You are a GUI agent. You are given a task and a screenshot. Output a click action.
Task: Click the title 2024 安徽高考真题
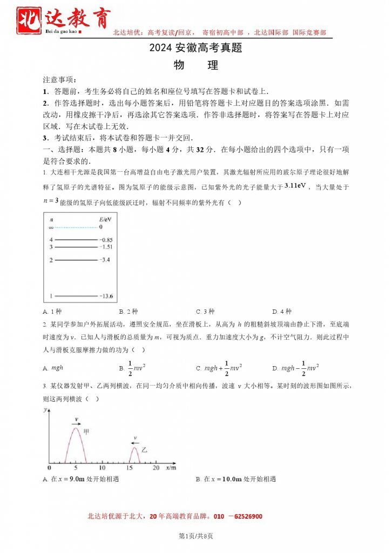[x=195, y=48]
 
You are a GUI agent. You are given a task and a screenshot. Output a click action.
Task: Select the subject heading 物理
[x=196, y=65]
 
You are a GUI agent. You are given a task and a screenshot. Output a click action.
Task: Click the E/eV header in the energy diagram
[x=105, y=220]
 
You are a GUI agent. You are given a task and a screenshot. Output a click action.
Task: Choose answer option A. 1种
[x=52, y=312]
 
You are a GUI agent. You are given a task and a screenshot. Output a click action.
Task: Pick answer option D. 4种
[x=282, y=312]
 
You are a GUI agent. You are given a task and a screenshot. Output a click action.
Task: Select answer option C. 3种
[x=205, y=312]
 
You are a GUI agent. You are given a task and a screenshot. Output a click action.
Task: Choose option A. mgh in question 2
[x=53, y=368]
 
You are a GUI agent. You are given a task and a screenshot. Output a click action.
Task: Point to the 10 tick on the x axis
[x=103, y=467]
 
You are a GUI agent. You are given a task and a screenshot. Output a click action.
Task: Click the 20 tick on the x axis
[x=156, y=467]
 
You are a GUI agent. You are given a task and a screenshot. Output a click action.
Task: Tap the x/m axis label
[x=171, y=467]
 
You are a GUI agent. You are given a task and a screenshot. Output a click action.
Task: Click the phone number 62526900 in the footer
[x=244, y=517]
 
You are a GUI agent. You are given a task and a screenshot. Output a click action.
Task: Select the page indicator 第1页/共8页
[x=195, y=536]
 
